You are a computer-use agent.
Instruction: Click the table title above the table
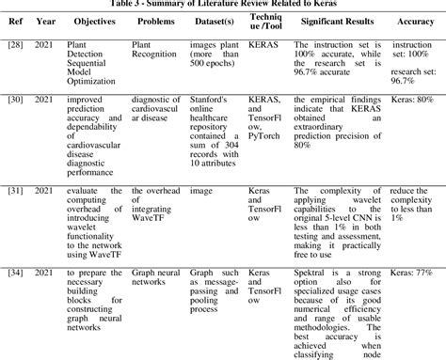[x=223, y=4]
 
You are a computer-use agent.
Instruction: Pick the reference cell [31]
[x=15, y=191]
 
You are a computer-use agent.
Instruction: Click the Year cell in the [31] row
[x=43, y=191]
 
